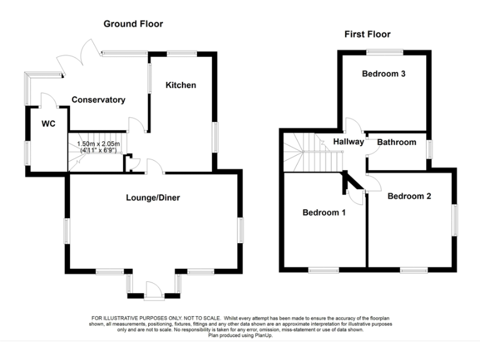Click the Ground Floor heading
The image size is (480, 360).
133,24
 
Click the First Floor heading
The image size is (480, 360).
367,34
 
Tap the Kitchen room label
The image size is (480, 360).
181,85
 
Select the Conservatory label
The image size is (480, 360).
98,100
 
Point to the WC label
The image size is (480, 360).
48,124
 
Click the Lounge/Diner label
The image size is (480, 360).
153,198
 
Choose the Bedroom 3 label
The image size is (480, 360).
384,74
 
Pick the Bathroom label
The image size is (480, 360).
396,142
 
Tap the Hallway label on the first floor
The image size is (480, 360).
348,142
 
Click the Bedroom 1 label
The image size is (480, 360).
324,212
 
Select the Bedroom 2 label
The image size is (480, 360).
409,196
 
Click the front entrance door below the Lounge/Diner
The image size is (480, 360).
153,290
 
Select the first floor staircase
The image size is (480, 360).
305,153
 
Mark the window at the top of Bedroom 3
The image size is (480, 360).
384,52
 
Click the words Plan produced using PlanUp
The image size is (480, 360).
240,336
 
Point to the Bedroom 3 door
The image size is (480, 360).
352,125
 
